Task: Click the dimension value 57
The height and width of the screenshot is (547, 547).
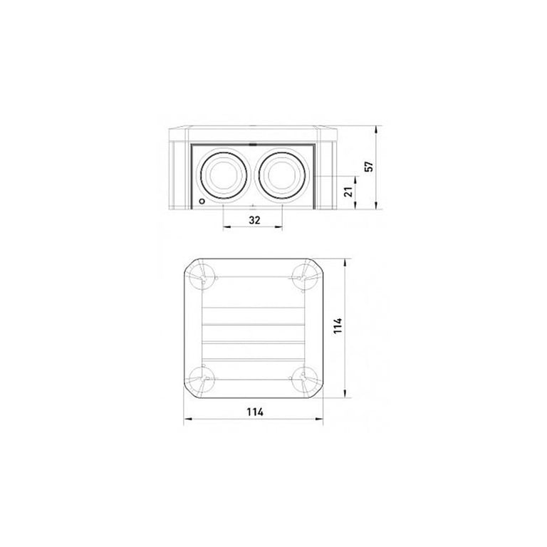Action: tap(370, 167)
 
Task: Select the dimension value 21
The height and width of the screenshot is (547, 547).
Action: tap(349, 192)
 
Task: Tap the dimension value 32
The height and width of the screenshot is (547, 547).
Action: tap(255, 220)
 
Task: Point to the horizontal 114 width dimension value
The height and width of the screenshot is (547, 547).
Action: tap(255, 412)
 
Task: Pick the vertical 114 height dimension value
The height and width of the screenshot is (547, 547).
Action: tap(338, 325)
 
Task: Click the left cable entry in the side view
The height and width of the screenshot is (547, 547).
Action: tap(223, 174)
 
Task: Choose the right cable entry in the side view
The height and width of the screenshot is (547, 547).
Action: tap(281, 174)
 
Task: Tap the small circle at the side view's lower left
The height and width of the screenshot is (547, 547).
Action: tap(202, 202)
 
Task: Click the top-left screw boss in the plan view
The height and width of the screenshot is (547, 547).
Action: tap(203, 277)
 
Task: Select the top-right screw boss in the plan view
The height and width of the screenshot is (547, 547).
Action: tap(303, 277)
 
